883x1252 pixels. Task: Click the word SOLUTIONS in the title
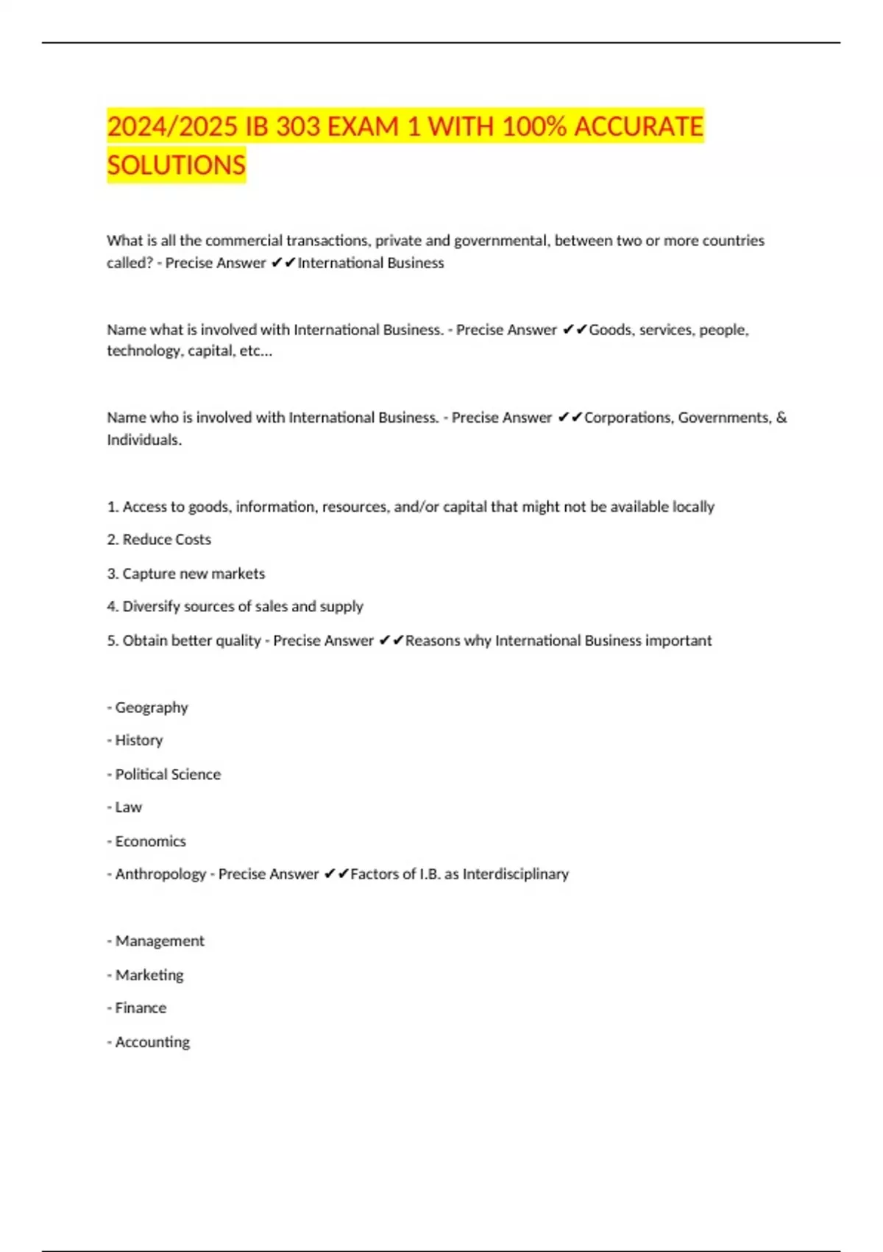pos(176,165)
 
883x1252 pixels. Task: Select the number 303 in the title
pos(298,127)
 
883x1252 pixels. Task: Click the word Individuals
pos(143,440)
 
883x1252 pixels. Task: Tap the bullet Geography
pos(151,707)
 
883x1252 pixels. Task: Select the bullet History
pos(138,740)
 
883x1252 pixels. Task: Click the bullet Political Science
pos(167,774)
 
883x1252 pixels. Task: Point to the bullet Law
pos(128,807)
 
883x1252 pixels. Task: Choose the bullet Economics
pos(150,841)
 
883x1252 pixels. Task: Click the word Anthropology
pos(160,874)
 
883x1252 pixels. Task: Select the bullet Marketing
pos(149,974)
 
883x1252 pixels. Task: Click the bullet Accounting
pos(152,1041)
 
